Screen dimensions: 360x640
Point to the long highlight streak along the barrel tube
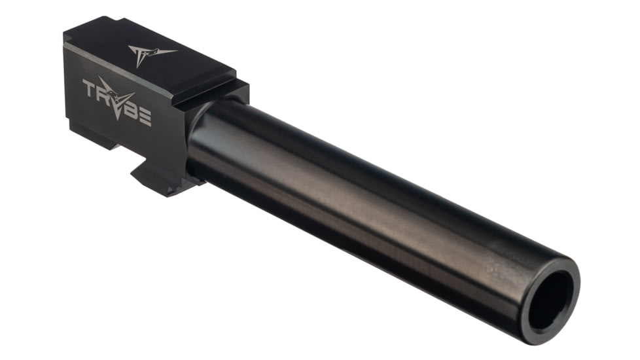(366, 187)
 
